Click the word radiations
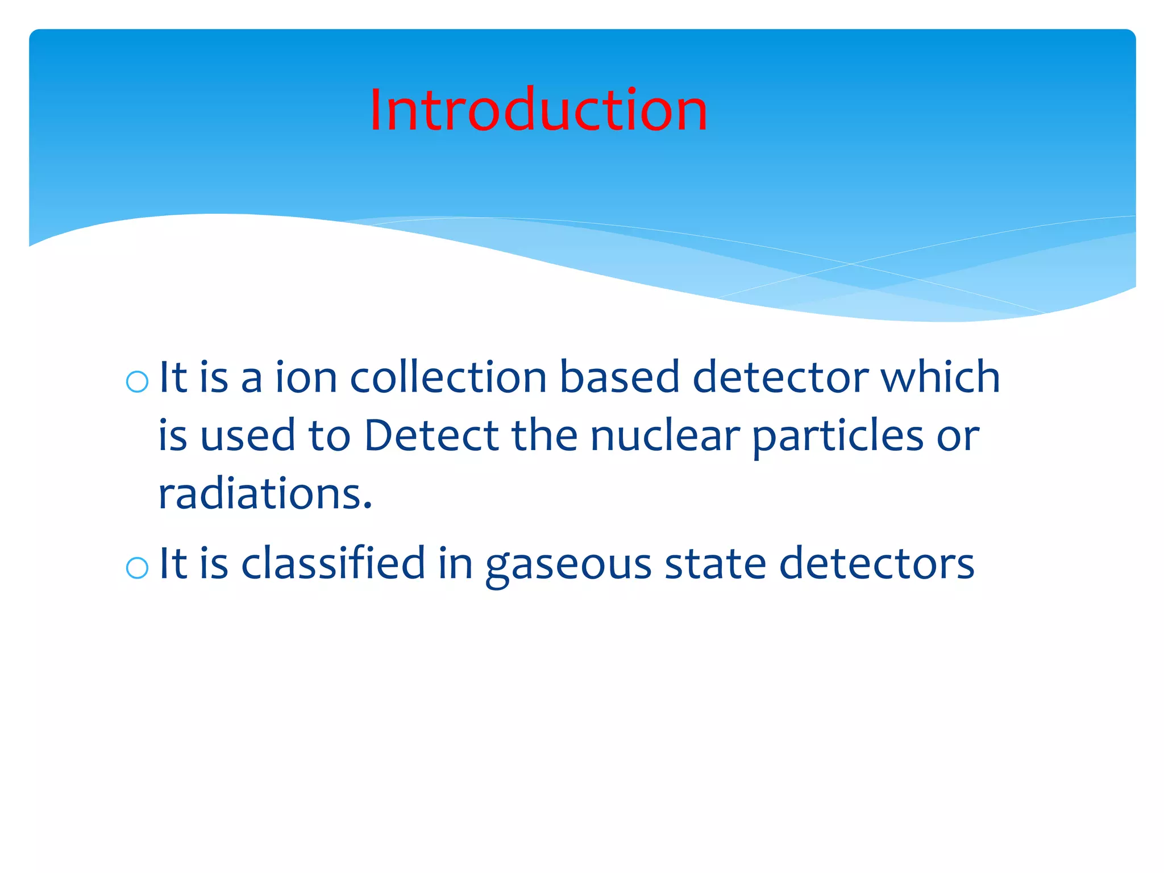point(265,493)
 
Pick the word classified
point(333,563)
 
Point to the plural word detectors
point(876,563)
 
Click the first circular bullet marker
point(137,382)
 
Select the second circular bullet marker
point(137,567)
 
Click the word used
point(248,435)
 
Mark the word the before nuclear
point(544,435)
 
